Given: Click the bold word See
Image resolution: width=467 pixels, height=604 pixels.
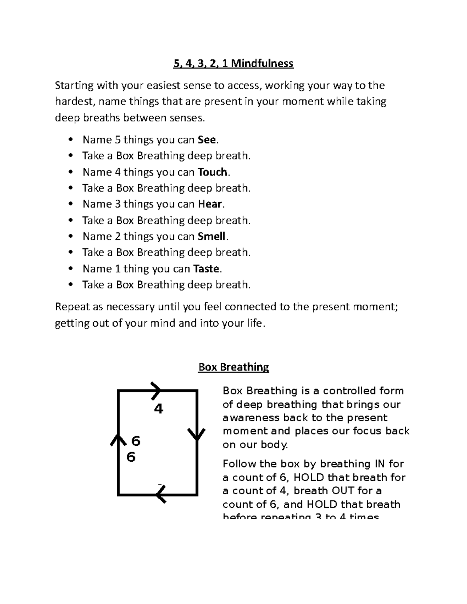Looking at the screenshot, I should pyautogui.click(x=205, y=140).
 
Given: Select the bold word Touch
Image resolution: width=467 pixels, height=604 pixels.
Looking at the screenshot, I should pyautogui.click(x=212, y=172).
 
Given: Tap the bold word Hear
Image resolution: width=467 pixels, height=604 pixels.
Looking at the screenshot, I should pyautogui.click(x=210, y=204).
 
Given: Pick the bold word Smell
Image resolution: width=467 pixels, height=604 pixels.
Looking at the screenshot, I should pyautogui.click(x=212, y=236).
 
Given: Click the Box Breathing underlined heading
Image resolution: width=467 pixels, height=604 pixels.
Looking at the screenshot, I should pyautogui.click(x=233, y=367).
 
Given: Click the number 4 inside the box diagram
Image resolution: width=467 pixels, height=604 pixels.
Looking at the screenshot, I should pyautogui.click(x=158, y=409).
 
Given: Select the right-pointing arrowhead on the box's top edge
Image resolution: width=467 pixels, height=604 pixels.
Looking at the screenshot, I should pyautogui.click(x=156, y=390).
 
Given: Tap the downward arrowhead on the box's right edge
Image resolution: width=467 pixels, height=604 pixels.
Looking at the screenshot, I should pyautogui.click(x=197, y=435).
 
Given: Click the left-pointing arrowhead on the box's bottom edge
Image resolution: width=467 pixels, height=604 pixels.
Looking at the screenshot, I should pyautogui.click(x=161, y=495).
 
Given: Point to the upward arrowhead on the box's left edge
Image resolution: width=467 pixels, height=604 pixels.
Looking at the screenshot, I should pyautogui.click(x=118, y=440).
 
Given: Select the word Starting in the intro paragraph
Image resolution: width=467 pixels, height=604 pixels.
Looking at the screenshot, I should pyautogui.click(x=74, y=86).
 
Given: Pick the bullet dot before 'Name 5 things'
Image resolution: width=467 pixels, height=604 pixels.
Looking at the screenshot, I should pyautogui.click(x=70, y=140).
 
